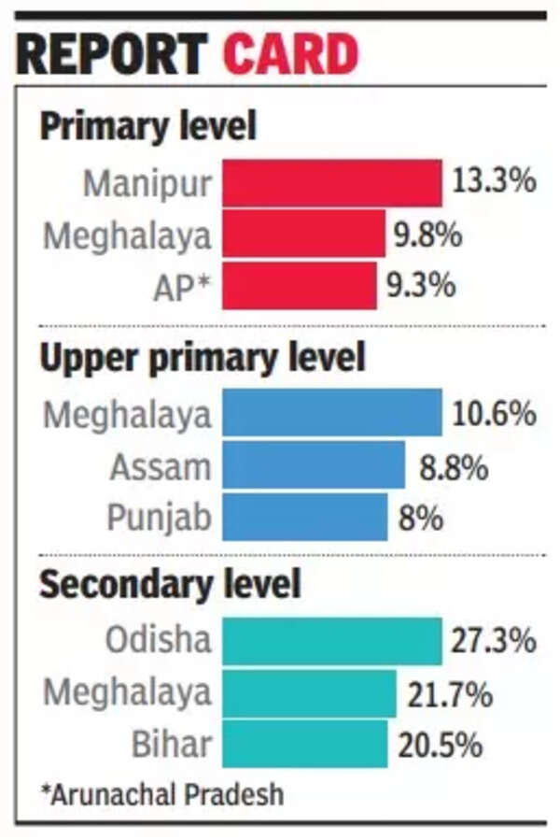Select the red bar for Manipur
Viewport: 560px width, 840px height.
click(x=331, y=182)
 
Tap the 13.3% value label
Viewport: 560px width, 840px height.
click(x=494, y=181)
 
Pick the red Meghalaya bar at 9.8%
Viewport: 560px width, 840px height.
click(x=303, y=234)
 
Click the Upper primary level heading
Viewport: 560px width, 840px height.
click(x=202, y=358)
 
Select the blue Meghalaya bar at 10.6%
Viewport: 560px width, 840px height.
click(x=331, y=413)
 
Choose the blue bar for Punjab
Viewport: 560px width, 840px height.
click(x=304, y=517)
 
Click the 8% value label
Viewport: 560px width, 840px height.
click(x=421, y=517)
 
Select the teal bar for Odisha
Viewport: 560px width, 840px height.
click(x=331, y=641)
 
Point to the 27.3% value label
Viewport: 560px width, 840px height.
click(x=494, y=641)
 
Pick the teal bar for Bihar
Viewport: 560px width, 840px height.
click(x=304, y=744)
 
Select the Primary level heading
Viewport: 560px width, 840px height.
click(x=147, y=126)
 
